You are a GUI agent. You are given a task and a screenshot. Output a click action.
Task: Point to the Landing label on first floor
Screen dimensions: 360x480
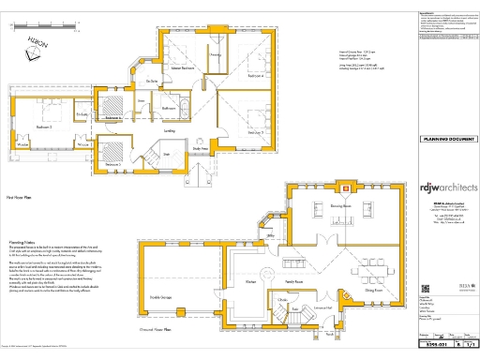pyautogui.click(x=144, y=132)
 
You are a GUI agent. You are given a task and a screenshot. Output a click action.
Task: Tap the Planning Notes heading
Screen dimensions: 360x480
pyautogui.click(x=22, y=241)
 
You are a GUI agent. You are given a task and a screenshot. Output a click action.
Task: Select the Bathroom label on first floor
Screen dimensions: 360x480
pyautogui.click(x=170, y=109)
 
